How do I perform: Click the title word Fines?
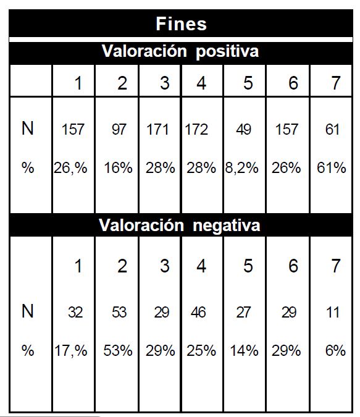click(181, 23)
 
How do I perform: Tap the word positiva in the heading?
click(227, 51)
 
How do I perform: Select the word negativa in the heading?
click(226, 225)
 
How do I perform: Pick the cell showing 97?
click(119, 130)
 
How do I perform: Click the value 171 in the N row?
click(157, 130)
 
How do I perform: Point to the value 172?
click(196, 130)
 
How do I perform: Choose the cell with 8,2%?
click(241, 168)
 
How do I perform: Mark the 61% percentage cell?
click(331, 168)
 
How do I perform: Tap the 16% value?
click(118, 168)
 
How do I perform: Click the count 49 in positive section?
click(243, 130)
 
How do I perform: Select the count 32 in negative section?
click(75, 312)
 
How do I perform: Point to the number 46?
click(198, 312)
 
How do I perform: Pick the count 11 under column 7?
click(333, 312)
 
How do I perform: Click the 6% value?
click(335, 350)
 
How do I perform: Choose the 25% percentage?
click(201, 350)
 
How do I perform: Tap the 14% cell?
click(244, 350)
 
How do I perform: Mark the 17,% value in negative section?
click(71, 351)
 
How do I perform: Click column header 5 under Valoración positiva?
click(248, 83)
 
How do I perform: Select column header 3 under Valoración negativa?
click(165, 266)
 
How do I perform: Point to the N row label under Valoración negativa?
click(27, 311)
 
